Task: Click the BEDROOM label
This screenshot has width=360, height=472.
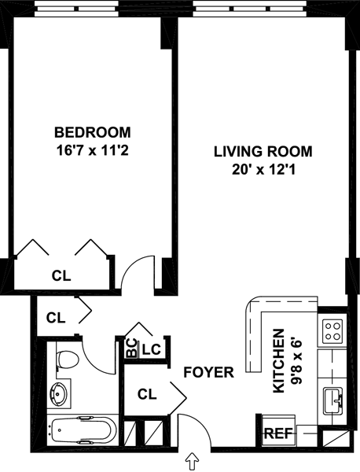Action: (x=92, y=132)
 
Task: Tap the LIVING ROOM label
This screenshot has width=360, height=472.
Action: (x=263, y=151)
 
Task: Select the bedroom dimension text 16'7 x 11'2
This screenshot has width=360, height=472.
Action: (x=92, y=150)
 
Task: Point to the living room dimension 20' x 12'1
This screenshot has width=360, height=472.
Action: (x=263, y=170)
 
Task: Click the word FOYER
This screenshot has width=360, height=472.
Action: (x=209, y=372)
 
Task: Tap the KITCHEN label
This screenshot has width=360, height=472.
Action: (x=278, y=361)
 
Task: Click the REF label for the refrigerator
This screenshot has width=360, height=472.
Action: (x=278, y=433)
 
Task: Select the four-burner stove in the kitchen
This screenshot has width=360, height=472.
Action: (x=332, y=331)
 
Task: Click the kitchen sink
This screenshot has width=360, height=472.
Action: (x=333, y=400)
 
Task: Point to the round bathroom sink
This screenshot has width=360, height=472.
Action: (x=58, y=394)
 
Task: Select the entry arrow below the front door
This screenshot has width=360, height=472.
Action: (x=192, y=462)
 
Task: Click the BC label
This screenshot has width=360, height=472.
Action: (x=131, y=348)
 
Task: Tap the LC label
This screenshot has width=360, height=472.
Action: (x=151, y=349)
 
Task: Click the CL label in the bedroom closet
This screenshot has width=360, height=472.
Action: (x=61, y=275)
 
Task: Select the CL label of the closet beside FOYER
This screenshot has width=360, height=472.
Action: (x=147, y=394)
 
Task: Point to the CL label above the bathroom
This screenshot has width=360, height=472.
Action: (x=56, y=318)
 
